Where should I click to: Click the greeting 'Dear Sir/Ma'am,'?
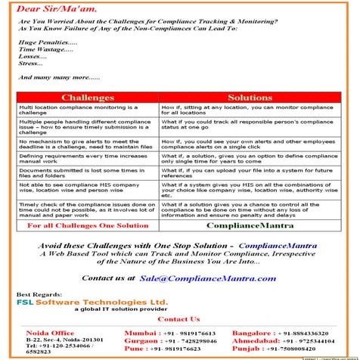click(54, 11)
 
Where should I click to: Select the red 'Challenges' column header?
click(87, 98)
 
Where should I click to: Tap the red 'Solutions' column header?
click(250, 98)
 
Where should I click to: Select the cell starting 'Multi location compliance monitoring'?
click(87, 111)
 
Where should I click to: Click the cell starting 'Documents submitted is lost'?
click(87, 174)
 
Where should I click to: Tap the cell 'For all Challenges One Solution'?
click(87, 225)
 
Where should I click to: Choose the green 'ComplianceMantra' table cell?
click(250, 225)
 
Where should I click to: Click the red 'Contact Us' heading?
click(179, 320)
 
